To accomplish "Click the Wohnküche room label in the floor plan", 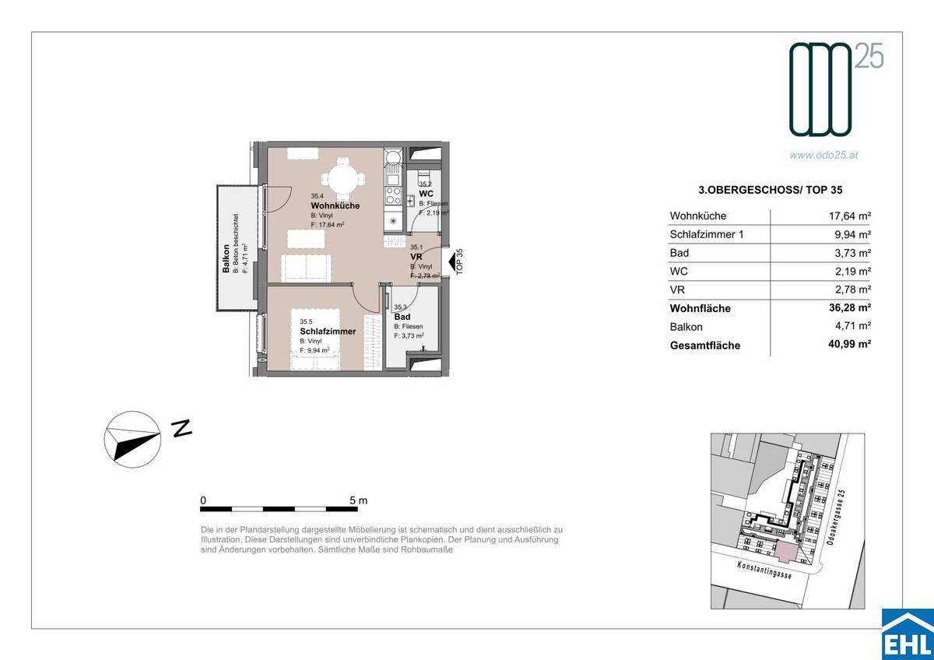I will (335, 205).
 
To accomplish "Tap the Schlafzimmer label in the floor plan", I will (328, 332).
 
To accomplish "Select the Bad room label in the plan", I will (402, 317).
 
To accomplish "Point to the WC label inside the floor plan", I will (426, 194).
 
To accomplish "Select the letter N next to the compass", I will (181, 428).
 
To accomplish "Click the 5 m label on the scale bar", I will (358, 500).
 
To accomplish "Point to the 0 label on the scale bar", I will (203, 500).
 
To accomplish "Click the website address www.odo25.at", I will (823, 155).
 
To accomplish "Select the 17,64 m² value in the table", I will (848, 216).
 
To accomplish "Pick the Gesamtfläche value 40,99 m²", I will (848, 346).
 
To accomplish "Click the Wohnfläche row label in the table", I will (700, 308).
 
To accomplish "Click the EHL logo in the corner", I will (907, 634).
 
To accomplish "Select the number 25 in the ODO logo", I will (870, 56).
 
